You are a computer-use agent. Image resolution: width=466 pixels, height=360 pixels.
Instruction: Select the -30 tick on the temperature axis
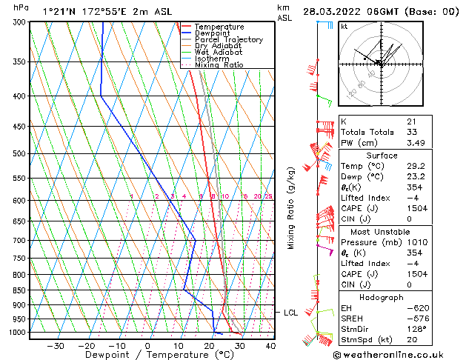[56, 345]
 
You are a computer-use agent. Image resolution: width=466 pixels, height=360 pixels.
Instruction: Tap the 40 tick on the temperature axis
[270, 345]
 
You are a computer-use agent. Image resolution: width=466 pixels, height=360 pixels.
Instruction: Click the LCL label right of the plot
[291, 313]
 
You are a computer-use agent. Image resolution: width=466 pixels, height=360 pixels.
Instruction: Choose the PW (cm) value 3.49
[415, 143]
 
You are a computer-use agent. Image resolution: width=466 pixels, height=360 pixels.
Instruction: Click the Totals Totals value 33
[411, 132]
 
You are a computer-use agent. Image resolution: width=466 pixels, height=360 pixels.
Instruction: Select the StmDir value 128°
[416, 329]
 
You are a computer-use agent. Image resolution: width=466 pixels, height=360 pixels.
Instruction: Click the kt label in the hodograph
[344, 26]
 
